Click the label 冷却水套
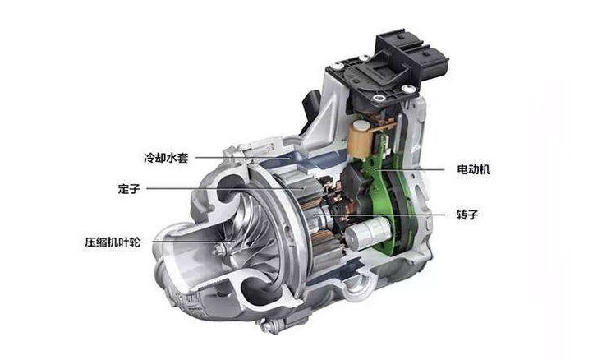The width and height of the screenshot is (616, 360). (166, 158)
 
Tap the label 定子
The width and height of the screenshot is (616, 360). (129, 189)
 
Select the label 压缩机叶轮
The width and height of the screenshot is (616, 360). (113, 242)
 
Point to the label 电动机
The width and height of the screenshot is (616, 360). (474, 169)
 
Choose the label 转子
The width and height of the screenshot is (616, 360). (468, 215)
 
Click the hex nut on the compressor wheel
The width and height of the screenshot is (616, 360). (218, 249)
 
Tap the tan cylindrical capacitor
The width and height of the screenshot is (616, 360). (361, 137)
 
